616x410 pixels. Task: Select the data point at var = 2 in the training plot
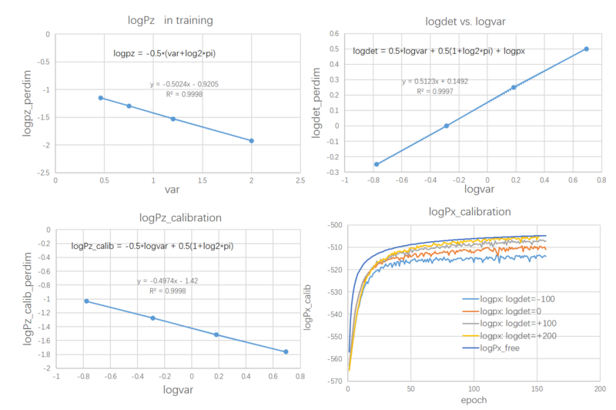coord(252,140)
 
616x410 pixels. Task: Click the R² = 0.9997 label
coord(434,91)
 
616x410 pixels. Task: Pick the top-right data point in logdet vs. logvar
coord(586,49)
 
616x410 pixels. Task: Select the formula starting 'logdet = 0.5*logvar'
coord(439,52)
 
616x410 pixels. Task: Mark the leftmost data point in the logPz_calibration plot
coord(86,301)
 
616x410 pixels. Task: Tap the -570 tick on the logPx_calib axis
coord(333,381)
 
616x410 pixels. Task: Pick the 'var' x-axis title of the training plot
coord(176,190)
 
